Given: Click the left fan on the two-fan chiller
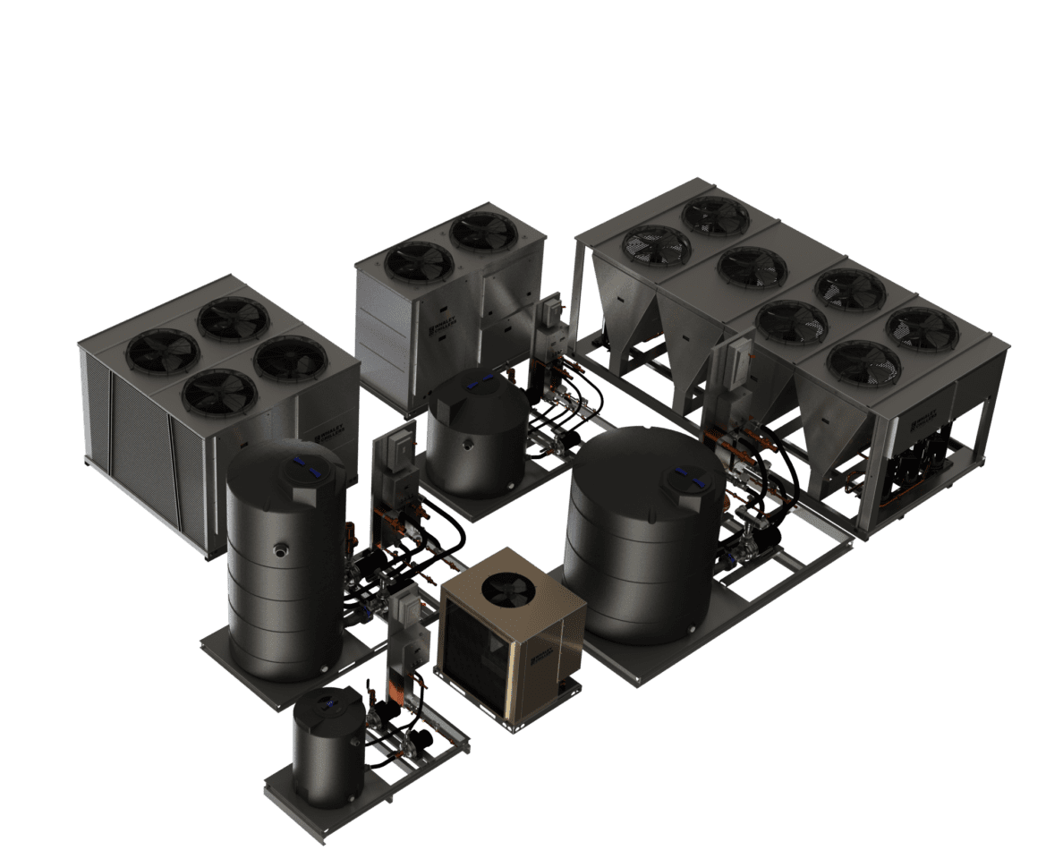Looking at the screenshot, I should [420, 262].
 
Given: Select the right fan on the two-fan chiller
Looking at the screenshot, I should [482, 232].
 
